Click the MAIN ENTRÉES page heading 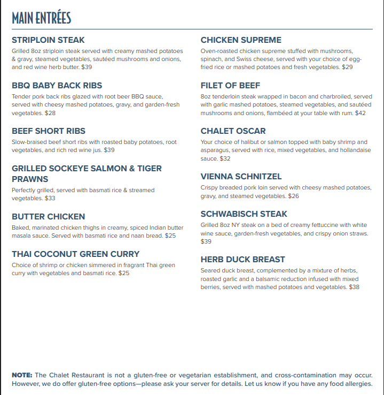pos(41,18)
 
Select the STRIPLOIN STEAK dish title pos(48,40)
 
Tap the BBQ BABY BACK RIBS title pos(57,86)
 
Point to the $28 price pos(50,113)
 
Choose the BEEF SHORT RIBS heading pos(49,131)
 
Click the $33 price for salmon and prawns pos(50,198)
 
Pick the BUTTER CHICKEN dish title pos(48,217)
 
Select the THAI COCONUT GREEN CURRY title pos(75,254)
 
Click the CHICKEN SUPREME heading pos(241,40)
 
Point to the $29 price pos(347,67)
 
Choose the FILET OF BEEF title pos(230,86)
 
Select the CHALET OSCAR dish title pos(233,131)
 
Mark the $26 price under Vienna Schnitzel pos(293,196)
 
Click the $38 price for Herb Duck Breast pos(354,287)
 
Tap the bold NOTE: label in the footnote pos(22,375)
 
